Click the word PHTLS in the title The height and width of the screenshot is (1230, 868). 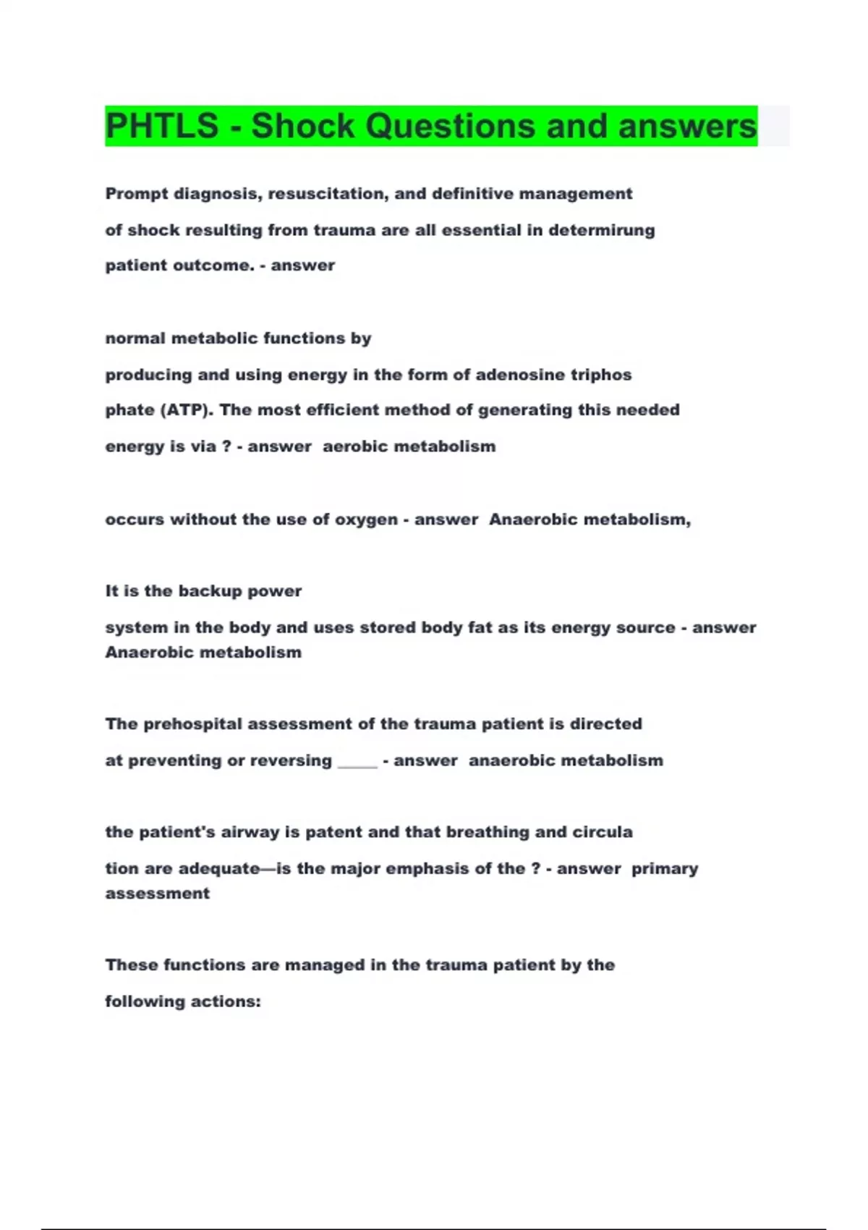click(x=161, y=126)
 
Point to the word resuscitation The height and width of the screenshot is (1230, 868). click(x=334, y=194)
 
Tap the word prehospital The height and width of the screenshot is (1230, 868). click(x=192, y=724)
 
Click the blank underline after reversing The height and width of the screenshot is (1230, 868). click(x=357, y=763)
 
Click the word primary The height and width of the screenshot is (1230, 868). click(x=664, y=869)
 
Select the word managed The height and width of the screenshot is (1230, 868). click(x=315, y=965)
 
